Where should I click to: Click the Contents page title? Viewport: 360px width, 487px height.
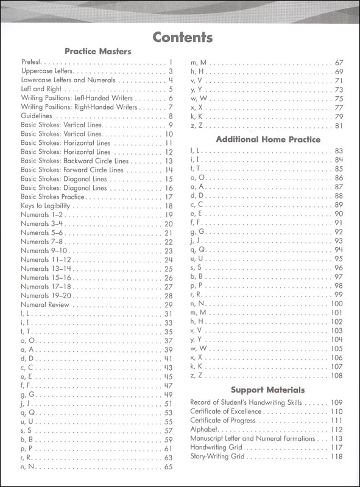[182, 38]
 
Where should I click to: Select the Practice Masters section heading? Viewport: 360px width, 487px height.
[98, 52]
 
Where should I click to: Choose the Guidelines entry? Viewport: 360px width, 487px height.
[38, 116]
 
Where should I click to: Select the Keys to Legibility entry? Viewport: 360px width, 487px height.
[46, 206]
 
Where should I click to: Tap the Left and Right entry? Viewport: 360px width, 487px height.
[40, 89]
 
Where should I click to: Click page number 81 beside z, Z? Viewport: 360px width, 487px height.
[339, 126]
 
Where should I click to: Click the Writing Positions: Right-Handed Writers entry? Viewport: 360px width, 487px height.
[79, 107]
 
